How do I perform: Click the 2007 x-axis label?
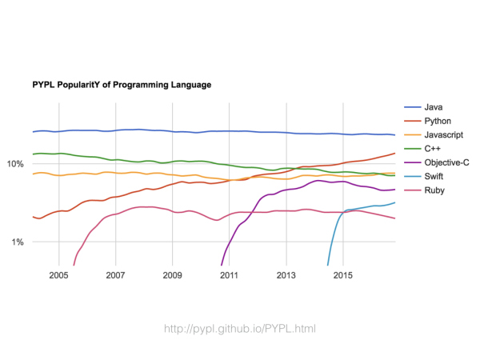click(x=115, y=276)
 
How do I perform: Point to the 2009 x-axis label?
click(x=172, y=276)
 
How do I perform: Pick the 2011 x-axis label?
click(x=230, y=276)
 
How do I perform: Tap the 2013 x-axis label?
click(x=286, y=276)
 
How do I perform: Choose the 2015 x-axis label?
click(x=343, y=276)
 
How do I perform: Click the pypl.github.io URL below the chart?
click(x=240, y=328)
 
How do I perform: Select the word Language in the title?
click(x=188, y=83)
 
